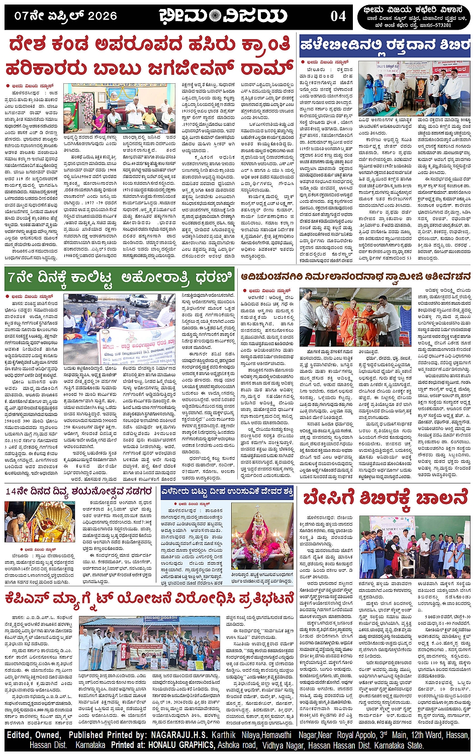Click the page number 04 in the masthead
click(338, 16)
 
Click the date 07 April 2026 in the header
click(65, 16)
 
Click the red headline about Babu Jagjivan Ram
click(150, 55)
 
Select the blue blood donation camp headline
click(385, 46)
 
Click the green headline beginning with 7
click(120, 277)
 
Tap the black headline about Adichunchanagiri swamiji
click(355, 277)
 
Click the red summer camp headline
click(386, 498)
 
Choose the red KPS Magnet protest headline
click(150, 599)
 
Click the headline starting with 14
click(79, 491)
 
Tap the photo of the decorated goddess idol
click(262, 537)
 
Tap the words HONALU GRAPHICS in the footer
click(178, 745)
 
